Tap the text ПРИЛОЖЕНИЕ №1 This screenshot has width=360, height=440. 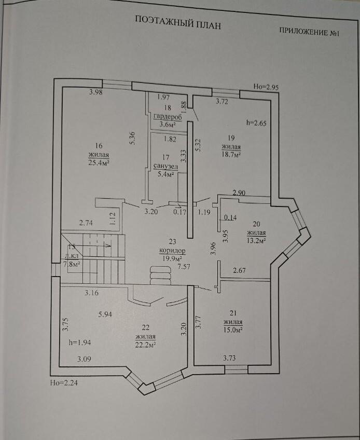tap(309, 32)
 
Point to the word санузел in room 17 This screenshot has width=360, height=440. tap(165, 167)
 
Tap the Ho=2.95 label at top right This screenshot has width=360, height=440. tap(266, 87)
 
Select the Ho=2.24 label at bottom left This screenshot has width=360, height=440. tap(63, 383)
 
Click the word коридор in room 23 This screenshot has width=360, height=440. tap(170, 250)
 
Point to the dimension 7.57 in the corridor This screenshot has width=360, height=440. tap(184, 267)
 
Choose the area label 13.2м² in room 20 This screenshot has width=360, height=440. tap(256, 240)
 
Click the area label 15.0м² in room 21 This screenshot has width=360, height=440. tap(233, 329)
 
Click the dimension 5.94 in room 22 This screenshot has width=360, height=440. tap(105, 314)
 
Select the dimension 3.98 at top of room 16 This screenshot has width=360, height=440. tap(96, 93)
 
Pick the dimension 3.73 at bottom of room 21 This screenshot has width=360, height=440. tap(232, 358)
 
